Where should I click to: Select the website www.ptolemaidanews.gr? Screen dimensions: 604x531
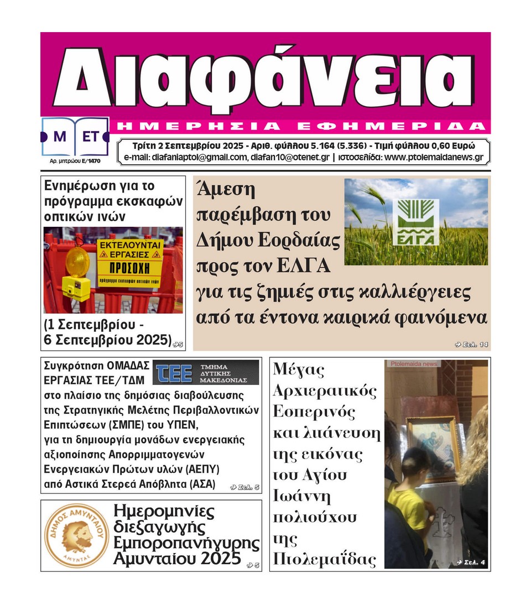point(434,157)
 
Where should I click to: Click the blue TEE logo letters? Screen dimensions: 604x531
point(174,372)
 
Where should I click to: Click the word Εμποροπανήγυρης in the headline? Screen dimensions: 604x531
point(186,543)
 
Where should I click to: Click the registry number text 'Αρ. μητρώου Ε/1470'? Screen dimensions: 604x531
point(72,162)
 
